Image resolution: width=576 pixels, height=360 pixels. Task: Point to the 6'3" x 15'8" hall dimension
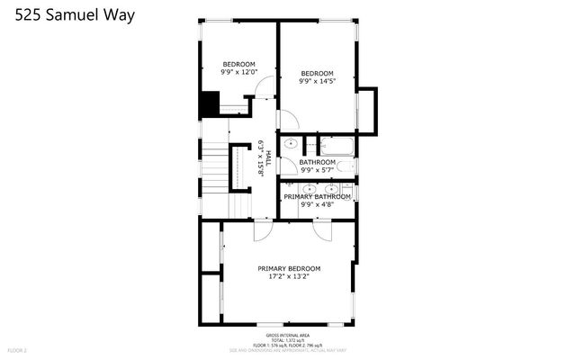pyautogui.click(x=260, y=158)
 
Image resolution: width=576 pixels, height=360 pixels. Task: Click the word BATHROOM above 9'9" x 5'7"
pyautogui.click(x=317, y=162)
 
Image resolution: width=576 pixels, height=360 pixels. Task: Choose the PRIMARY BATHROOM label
pyautogui.click(x=317, y=196)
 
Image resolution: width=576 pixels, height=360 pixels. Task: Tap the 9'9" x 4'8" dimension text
pyautogui.click(x=317, y=204)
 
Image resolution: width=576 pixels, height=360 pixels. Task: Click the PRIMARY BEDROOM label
pyautogui.click(x=289, y=268)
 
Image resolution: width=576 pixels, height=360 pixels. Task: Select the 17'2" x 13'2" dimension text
pyautogui.click(x=289, y=277)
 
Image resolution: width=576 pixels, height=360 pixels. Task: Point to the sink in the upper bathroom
pyautogui.click(x=290, y=143)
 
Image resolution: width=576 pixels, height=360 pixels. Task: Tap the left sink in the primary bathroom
pyautogui.click(x=309, y=188)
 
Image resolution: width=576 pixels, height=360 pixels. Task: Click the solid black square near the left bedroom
pyautogui.click(x=210, y=104)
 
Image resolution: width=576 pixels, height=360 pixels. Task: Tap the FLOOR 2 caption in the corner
pyautogui.click(x=18, y=349)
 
